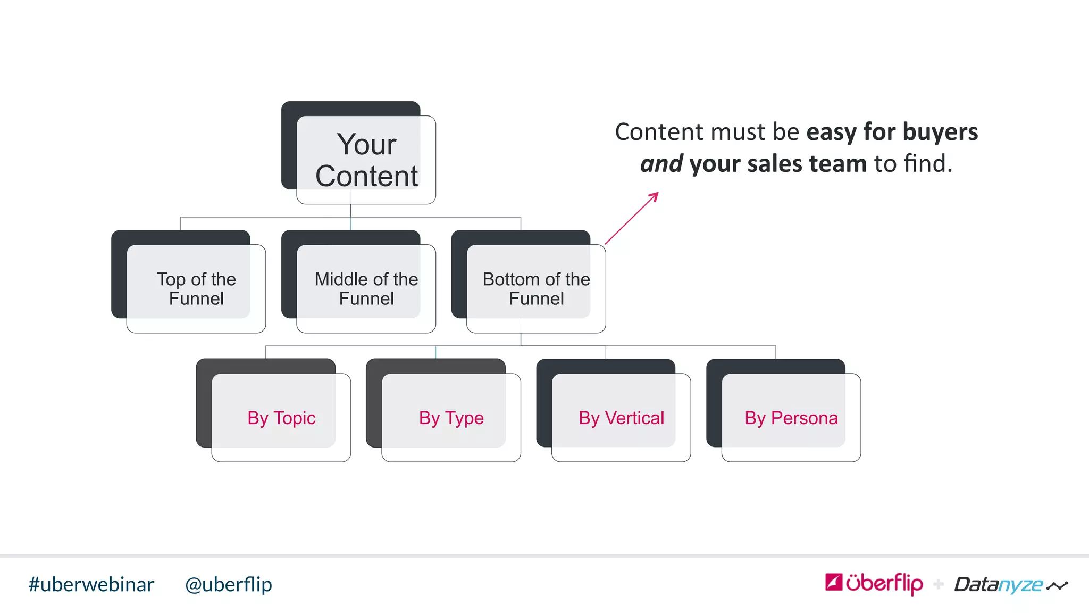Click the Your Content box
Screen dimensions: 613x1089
click(366, 160)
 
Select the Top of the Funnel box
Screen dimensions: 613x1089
click(196, 288)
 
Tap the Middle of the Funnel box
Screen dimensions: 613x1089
click(366, 288)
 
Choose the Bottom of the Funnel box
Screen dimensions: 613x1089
click(536, 288)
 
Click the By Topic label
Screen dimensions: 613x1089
click(281, 418)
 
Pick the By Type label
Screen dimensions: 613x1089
click(451, 418)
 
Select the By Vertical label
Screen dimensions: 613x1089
click(621, 418)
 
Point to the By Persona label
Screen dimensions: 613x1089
click(791, 418)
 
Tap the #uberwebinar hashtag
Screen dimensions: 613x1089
click(91, 584)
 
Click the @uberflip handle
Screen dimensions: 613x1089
click(228, 584)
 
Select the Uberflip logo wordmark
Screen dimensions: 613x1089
click(884, 583)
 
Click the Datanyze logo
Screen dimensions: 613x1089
click(1010, 584)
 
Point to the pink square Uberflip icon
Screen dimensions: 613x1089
click(834, 582)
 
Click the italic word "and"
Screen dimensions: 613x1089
click(661, 163)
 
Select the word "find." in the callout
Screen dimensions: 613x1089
click(928, 163)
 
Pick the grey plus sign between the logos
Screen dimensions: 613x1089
click(939, 584)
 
